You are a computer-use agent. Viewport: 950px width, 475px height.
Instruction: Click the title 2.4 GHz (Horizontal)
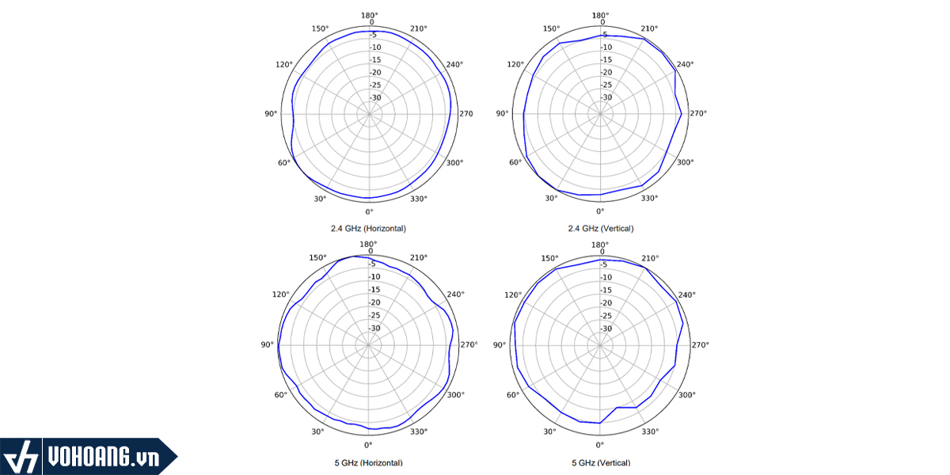pos(368,228)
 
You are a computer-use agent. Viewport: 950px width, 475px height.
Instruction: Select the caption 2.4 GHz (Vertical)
pos(600,228)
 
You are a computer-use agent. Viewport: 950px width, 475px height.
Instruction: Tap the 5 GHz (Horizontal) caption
pos(368,462)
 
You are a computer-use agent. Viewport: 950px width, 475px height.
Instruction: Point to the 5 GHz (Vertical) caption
pos(600,462)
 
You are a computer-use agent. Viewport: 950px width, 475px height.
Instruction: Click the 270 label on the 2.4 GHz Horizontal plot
pos(465,114)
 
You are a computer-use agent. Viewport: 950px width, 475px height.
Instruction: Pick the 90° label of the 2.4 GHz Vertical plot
pos(502,114)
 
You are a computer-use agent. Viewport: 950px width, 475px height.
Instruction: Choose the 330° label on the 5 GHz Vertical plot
pos(650,431)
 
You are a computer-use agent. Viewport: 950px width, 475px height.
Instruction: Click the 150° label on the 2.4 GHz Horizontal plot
pos(319,29)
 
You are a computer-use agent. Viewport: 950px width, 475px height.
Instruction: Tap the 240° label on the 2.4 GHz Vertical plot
pos(686,65)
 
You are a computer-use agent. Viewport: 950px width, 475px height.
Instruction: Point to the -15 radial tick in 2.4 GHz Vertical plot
pos(606,60)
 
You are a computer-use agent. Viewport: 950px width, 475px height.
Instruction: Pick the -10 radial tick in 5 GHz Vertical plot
pos(606,277)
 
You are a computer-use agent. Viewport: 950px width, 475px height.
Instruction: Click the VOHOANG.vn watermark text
pos(103,458)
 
